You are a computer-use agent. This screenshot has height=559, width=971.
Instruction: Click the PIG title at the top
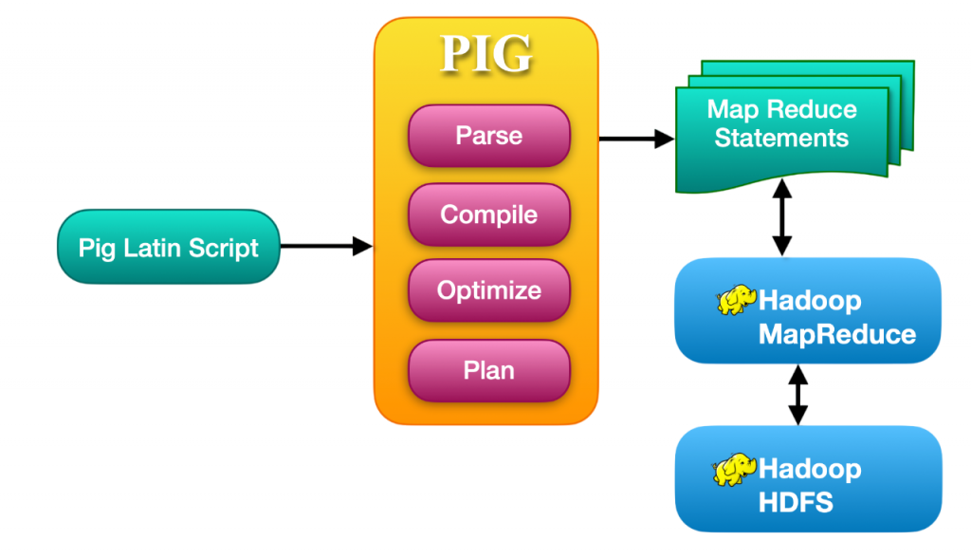[x=486, y=54]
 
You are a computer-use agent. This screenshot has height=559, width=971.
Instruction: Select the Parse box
[x=488, y=135]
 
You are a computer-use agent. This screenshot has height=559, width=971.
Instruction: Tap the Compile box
[x=488, y=214]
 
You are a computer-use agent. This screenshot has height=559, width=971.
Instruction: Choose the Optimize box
[x=488, y=290]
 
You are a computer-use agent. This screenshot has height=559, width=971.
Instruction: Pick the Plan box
[x=488, y=369]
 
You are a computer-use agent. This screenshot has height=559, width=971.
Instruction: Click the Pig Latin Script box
[x=169, y=248]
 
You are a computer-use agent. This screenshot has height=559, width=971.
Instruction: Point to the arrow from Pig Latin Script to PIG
[x=326, y=247]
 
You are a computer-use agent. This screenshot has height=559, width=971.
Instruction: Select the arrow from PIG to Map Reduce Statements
[x=635, y=139]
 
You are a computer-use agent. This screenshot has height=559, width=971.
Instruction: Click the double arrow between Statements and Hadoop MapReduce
[x=782, y=219]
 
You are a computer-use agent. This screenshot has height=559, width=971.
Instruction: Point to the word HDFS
[x=796, y=502]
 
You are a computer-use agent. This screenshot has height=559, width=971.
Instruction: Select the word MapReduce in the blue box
[x=837, y=334]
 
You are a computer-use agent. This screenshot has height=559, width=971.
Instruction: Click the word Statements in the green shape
[x=781, y=139]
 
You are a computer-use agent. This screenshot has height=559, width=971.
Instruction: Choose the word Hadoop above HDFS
[x=810, y=469]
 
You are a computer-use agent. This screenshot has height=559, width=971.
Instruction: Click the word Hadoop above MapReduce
[x=810, y=302]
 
